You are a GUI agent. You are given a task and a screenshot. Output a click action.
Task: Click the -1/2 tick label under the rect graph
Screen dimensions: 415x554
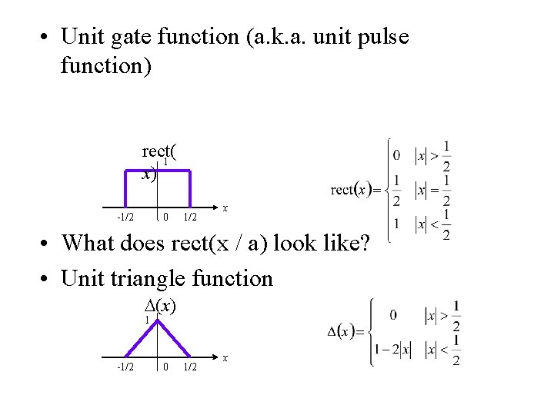(126, 217)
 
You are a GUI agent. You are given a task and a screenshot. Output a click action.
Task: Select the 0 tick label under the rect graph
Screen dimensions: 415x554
(165, 217)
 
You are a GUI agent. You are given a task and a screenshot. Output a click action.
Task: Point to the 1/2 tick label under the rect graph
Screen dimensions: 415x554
(190, 217)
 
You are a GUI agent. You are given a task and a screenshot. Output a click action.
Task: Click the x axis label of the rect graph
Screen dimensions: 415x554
(225, 207)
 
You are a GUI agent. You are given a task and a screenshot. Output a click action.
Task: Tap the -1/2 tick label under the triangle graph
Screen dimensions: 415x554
(126, 367)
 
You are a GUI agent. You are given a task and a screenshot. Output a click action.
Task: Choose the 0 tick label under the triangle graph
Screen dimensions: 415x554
(165, 367)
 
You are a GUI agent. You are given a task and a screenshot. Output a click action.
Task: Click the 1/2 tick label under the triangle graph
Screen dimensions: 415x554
(190, 367)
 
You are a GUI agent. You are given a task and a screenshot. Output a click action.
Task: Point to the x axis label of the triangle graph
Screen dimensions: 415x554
(225, 357)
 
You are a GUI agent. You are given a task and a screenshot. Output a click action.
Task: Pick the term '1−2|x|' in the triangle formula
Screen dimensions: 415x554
(392, 350)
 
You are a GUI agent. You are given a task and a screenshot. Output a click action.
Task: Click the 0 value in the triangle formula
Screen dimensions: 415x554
(392, 314)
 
